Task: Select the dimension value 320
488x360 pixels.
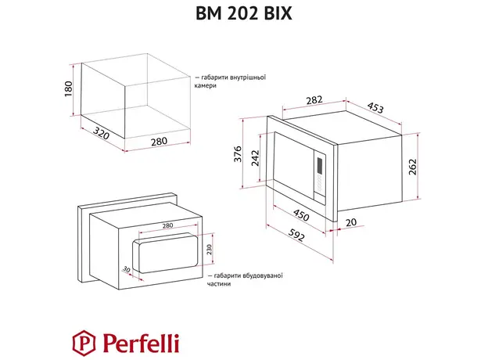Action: (95, 134)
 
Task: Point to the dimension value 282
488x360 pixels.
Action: (291, 100)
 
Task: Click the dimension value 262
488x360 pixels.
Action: (412, 167)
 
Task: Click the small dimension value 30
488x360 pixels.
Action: (126, 269)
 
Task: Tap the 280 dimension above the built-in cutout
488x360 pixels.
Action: (167, 225)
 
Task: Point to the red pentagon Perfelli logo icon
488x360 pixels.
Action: (81, 341)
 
